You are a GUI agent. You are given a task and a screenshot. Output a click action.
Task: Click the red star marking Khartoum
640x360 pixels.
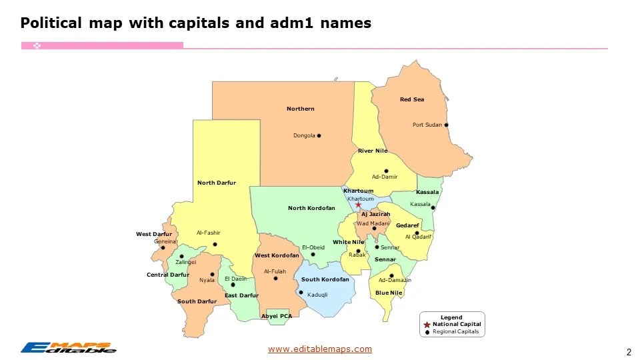pos(358,205)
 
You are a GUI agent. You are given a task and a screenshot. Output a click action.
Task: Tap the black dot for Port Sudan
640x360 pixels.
pos(446,125)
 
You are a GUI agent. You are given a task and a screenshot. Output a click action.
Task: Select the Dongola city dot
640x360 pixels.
pos(319,135)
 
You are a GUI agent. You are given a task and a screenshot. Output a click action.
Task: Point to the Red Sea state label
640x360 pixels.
pos(411,100)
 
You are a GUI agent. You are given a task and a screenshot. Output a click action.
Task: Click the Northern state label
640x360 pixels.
pos(300,109)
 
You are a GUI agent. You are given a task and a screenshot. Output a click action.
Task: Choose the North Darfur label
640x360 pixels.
pos(216,183)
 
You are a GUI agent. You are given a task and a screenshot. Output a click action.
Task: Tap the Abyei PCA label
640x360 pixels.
pos(276,315)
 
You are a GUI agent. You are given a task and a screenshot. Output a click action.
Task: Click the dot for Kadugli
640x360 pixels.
pos(301,292)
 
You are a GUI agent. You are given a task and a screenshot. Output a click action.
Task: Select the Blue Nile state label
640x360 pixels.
pos(389,293)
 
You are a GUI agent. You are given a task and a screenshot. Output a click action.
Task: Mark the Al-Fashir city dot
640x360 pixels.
pos(215,244)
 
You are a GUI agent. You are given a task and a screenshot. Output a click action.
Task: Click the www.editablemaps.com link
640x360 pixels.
pos(320,349)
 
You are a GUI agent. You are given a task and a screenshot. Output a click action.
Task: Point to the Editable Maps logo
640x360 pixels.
pos(68,347)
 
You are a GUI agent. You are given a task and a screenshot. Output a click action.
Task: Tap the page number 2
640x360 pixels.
pos(628,351)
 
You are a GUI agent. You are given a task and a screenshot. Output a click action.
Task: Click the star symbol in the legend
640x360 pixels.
pos(427,324)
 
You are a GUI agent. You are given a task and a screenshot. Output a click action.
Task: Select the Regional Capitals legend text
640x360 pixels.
pos(455,331)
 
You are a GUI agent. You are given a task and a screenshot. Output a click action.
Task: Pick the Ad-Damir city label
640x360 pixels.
pos(385,177)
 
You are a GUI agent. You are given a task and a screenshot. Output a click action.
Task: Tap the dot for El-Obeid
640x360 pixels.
pos(313,254)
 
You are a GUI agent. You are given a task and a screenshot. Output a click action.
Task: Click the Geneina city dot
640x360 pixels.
pos(163,248)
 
